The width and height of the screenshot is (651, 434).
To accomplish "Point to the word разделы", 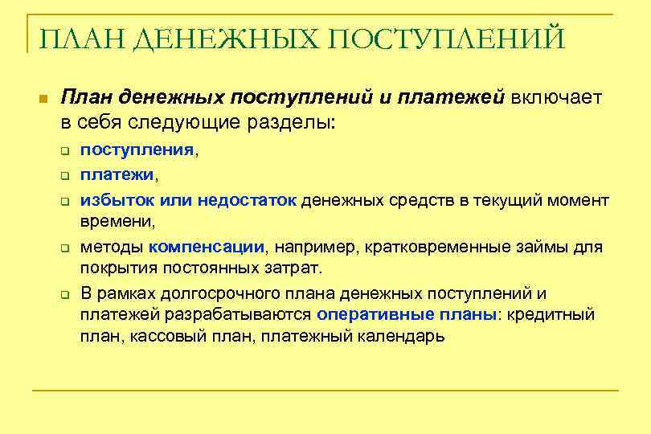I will point(294,123).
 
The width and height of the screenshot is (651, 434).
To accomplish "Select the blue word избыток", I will point(117,199).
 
